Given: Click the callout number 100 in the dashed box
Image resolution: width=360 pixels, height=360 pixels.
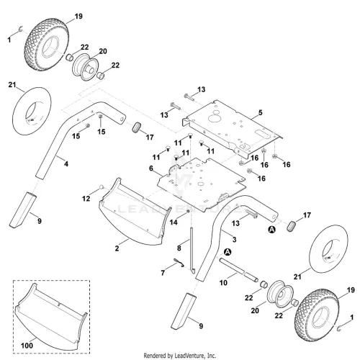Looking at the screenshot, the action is [27, 346].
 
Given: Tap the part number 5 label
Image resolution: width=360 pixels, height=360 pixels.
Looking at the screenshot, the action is [261, 112].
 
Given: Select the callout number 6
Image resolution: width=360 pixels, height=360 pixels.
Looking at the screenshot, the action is [151, 168].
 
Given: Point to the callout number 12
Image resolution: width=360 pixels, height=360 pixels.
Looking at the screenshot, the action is [86, 199].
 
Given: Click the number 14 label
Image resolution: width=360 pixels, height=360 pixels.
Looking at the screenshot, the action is [174, 222].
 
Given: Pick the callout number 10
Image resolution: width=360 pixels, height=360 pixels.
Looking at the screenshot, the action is [223, 283].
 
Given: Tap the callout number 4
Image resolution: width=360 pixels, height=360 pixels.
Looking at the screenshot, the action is [66, 163].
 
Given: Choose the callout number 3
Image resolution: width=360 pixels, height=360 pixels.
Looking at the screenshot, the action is [235, 239].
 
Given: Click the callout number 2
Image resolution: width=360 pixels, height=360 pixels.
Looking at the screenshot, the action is [117, 248].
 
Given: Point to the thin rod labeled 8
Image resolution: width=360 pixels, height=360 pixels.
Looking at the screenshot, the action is [192, 250].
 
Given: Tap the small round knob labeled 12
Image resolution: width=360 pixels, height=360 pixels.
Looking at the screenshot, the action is [102, 186].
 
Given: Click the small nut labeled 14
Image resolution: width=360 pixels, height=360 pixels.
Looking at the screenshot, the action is [188, 211].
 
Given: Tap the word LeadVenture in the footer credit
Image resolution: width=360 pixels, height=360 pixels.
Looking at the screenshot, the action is [187, 356].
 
